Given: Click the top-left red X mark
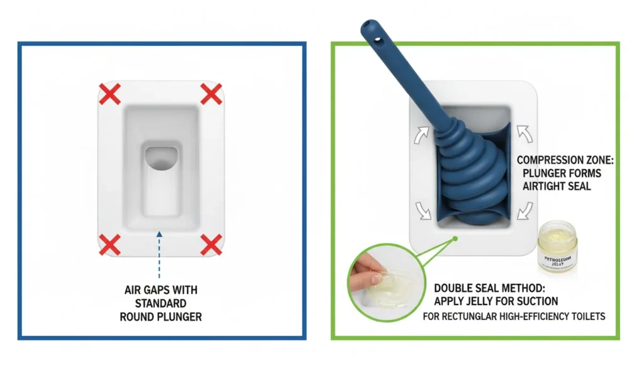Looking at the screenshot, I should click(111, 94).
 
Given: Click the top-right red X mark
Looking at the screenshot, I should click(211, 94).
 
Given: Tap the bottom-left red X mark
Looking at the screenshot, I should click(111, 243).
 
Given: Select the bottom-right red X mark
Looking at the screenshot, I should click(211, 243).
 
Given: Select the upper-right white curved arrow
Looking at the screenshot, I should click(524, 133).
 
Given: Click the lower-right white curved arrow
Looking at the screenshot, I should click(524, 208).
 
